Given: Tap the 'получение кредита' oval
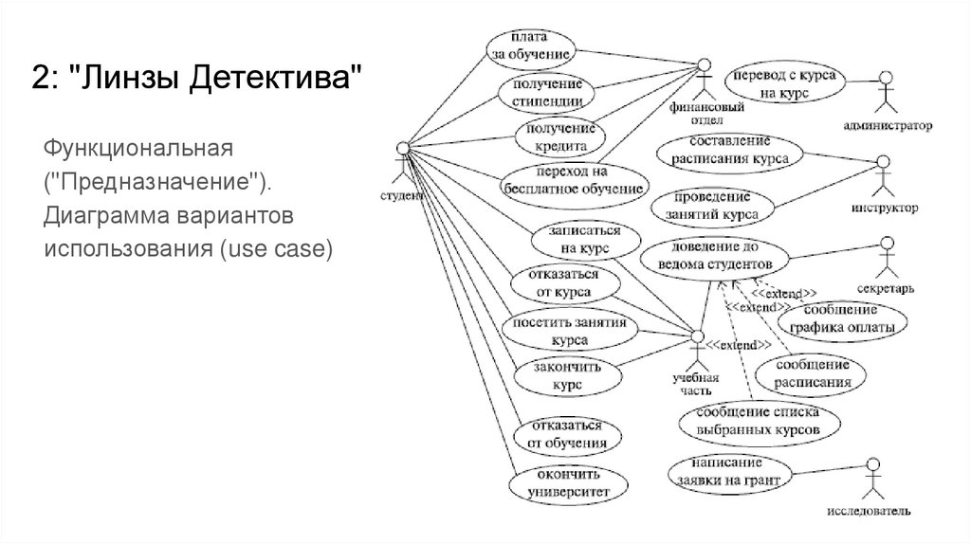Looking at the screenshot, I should pyautogui.click(x=560, y=138).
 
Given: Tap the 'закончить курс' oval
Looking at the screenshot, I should pyautogui.click(x=565, y=376).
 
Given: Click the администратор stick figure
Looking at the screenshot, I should pyautogui.click(x=886, y=93).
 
